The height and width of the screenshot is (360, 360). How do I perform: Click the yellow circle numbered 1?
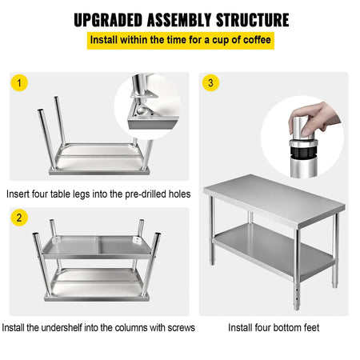coord(20,82)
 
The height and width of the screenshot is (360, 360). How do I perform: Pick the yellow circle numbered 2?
coord(20,218)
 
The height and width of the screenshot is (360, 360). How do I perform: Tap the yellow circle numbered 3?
coord(210,82)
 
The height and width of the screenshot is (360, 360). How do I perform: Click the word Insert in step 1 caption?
coord(19,194)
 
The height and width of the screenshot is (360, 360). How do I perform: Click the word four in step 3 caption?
coord(265,327)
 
